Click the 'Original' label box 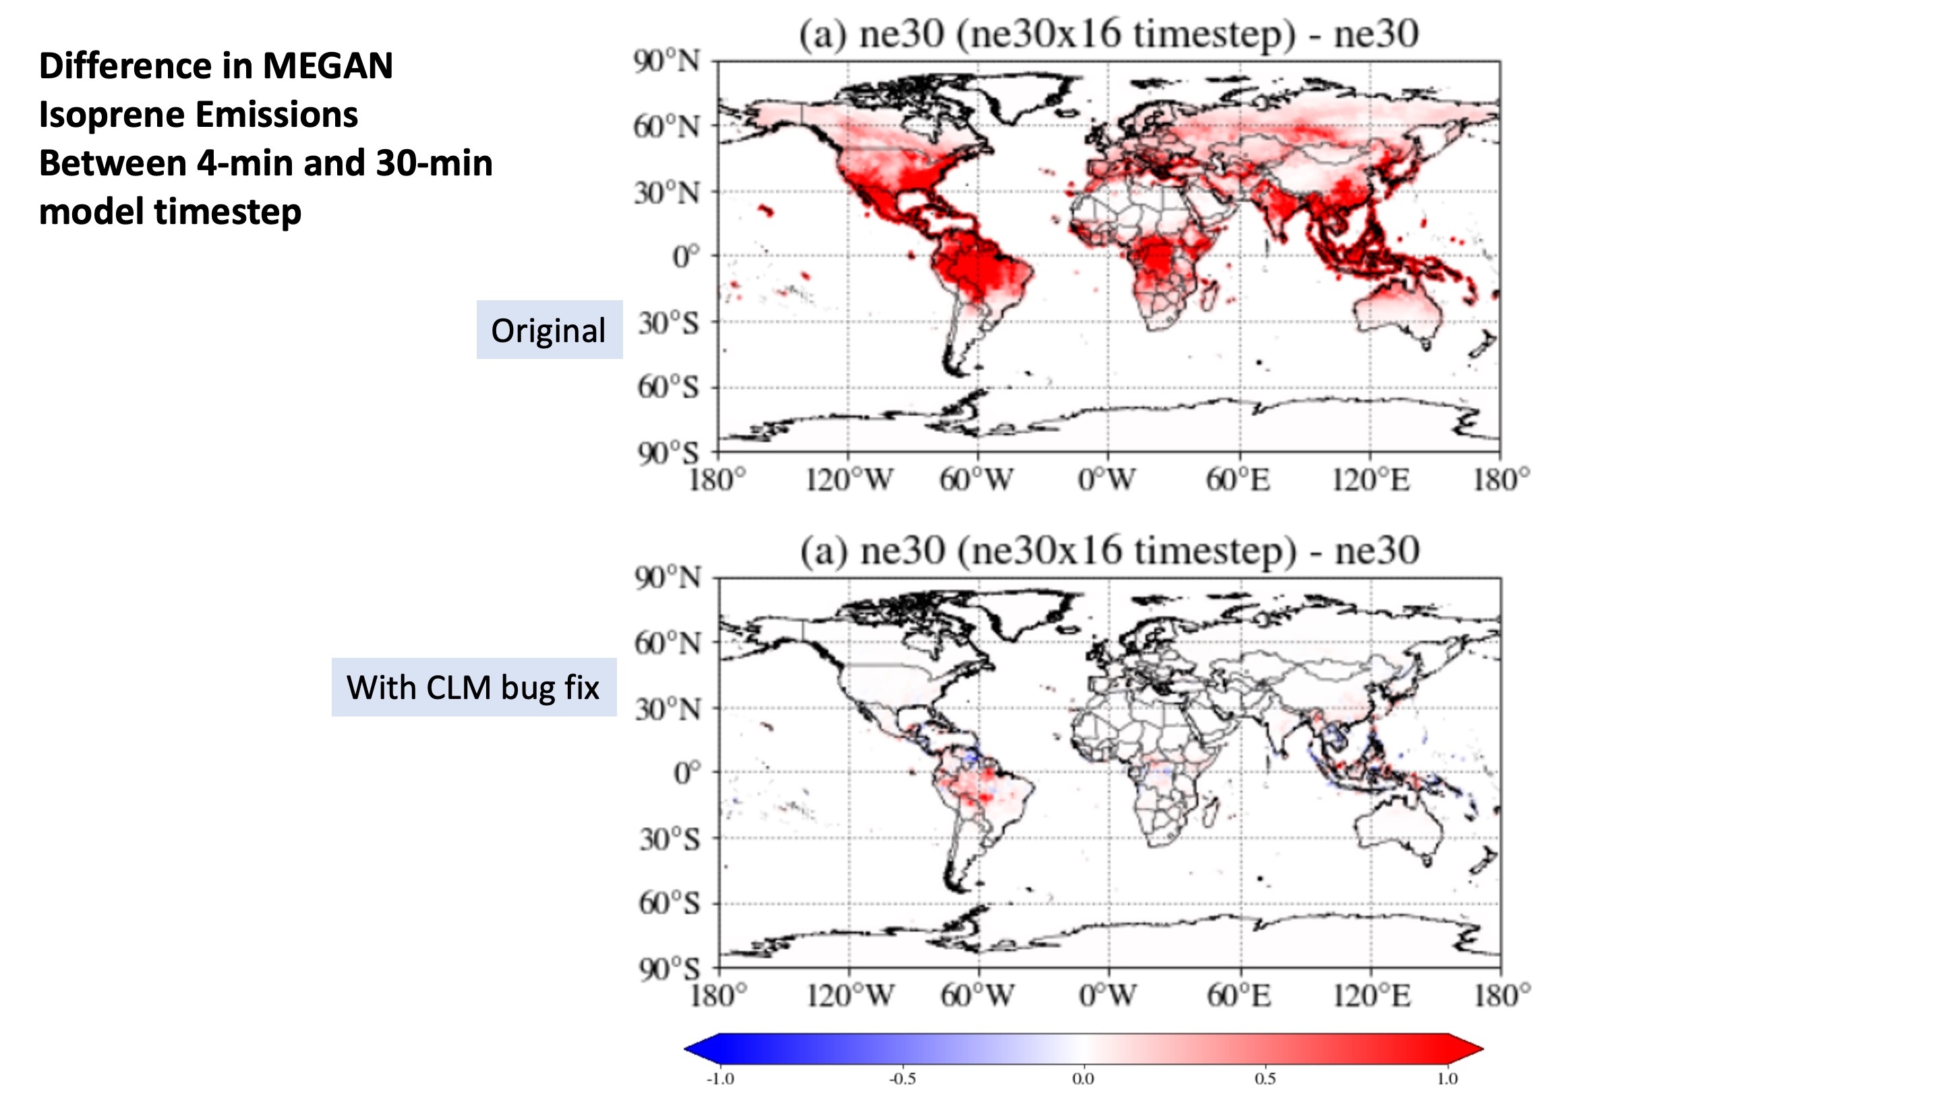click(549, 331)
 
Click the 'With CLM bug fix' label click(473, 688)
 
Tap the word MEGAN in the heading click(327, 65)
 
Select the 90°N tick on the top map click(666, 61)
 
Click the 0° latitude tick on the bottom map click(686, 773)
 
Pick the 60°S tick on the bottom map click(669, 903)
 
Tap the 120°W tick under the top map click(849, 480)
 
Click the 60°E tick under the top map click(1238, 480)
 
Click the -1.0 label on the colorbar click(719, 1079)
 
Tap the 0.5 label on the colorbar click(1265, 1079)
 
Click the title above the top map click(1108, 34)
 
